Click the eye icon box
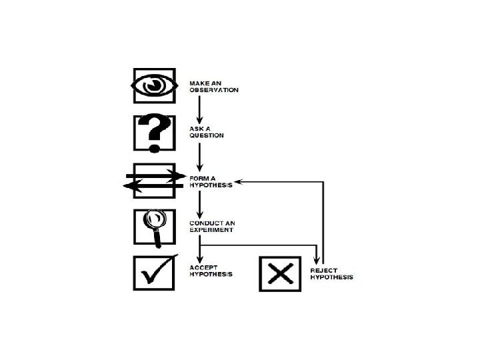[x=154, y=85]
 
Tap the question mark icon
[x=154, y=133]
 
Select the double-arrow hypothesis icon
[x=154, y=181]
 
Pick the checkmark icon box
[x=154, y=273]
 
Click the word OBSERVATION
[x=213, y=90]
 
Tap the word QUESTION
[x=206, y=135]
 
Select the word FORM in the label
[x=198, y=179]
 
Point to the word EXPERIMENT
[x=211, y=230]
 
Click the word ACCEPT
[x=203, y=268]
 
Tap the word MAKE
[x=198, y=84]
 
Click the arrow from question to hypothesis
[x=199, y=155]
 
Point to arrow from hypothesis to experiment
[x=199, y=203]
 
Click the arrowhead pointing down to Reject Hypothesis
[x=317, y=259]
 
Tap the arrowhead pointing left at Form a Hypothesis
[x=240, y=181]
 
